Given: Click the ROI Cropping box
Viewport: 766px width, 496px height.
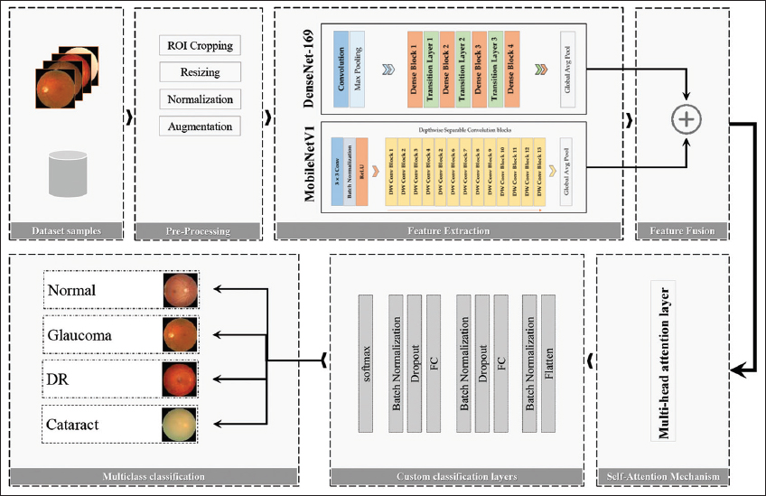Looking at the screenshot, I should [200, 45].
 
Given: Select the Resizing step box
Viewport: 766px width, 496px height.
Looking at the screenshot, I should [200, 71].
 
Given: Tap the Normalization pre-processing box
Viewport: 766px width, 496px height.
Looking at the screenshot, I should [200, 98].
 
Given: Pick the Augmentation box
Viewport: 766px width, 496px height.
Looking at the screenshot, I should [200, 126].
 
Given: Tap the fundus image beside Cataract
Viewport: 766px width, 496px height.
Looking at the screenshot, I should [178, 424].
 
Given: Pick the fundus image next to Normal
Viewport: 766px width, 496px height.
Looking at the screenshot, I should [178, 290].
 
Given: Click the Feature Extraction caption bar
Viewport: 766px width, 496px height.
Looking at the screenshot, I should [449, 231].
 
